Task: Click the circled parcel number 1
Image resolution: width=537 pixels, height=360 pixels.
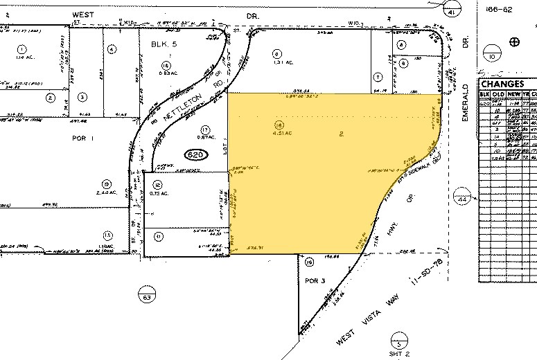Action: pos(21,49)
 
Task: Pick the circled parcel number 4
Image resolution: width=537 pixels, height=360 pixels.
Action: pos(112,49)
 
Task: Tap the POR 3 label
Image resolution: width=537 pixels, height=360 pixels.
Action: pos(315,280)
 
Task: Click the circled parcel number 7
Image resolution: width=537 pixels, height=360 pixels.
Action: pos(378,76)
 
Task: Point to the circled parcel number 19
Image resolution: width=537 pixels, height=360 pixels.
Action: pos(309,262)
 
